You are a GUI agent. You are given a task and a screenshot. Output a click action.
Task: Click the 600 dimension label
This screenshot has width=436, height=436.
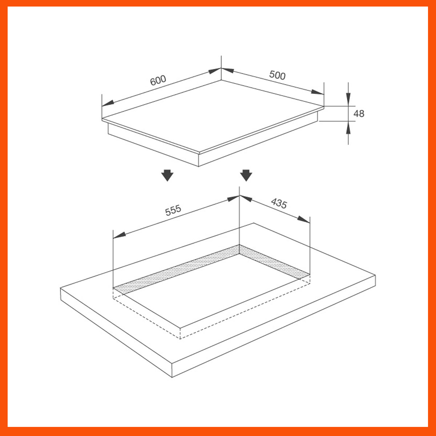158,80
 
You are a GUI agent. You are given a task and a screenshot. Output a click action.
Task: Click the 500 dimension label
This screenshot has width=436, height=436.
277,75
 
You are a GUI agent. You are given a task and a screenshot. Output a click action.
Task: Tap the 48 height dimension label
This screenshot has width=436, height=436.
359,114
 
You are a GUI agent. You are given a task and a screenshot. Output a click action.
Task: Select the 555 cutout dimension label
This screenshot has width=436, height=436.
173,210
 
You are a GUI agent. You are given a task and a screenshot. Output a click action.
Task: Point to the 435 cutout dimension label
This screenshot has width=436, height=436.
279,203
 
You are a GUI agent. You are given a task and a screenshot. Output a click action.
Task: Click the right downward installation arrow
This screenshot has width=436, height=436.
246,175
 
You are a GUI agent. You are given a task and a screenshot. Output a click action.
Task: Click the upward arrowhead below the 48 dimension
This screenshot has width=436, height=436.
348,128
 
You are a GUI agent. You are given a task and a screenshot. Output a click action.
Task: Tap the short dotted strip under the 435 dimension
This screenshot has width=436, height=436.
274,262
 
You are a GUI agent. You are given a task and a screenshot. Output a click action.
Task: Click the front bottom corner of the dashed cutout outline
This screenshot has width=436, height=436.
180,339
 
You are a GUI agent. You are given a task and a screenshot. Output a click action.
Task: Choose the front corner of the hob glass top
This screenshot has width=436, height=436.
199,153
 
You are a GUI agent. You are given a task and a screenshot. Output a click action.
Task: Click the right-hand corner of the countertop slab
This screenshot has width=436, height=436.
375,276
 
